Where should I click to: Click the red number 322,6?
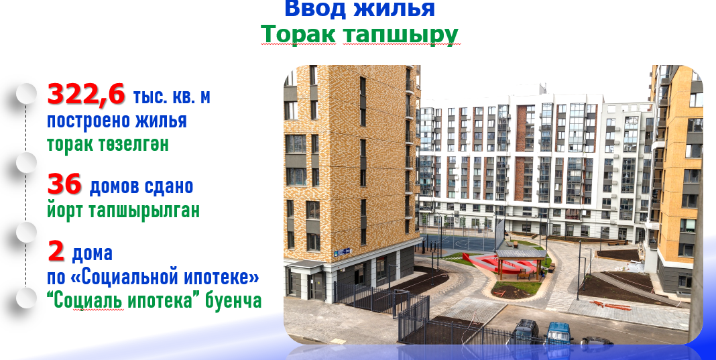click(86, 95)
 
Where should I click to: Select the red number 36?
click(64, 184)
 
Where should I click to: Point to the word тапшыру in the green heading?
click(400, 35)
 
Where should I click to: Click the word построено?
click(82, 121)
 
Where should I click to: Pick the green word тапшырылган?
click(144, 211)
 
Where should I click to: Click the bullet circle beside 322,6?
click(27, 94)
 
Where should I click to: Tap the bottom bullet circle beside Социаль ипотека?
click(27, 298)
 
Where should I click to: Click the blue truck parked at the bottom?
click(559, 332)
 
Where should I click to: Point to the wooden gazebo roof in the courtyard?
click(520, 254)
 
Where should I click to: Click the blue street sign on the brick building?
click(343, 251)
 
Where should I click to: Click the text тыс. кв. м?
click(172, 97)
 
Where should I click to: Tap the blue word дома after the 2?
click(93, 253)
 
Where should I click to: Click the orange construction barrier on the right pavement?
click(611, 305)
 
